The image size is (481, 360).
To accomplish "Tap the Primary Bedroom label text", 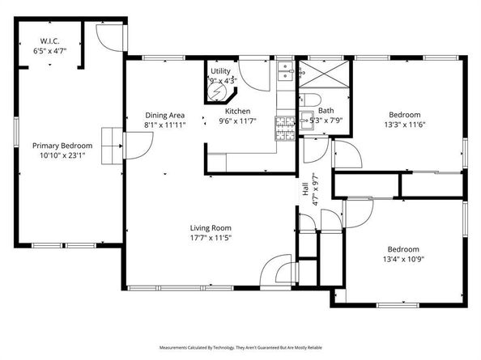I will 62,146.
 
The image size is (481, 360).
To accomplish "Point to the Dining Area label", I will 165,116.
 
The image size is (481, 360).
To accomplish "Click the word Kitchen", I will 237,112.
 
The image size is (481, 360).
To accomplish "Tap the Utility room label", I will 220,72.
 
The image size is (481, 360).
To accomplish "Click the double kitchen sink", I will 285,74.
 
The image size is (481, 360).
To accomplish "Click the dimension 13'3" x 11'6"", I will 405,125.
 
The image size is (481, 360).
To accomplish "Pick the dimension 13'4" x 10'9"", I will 402,259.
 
